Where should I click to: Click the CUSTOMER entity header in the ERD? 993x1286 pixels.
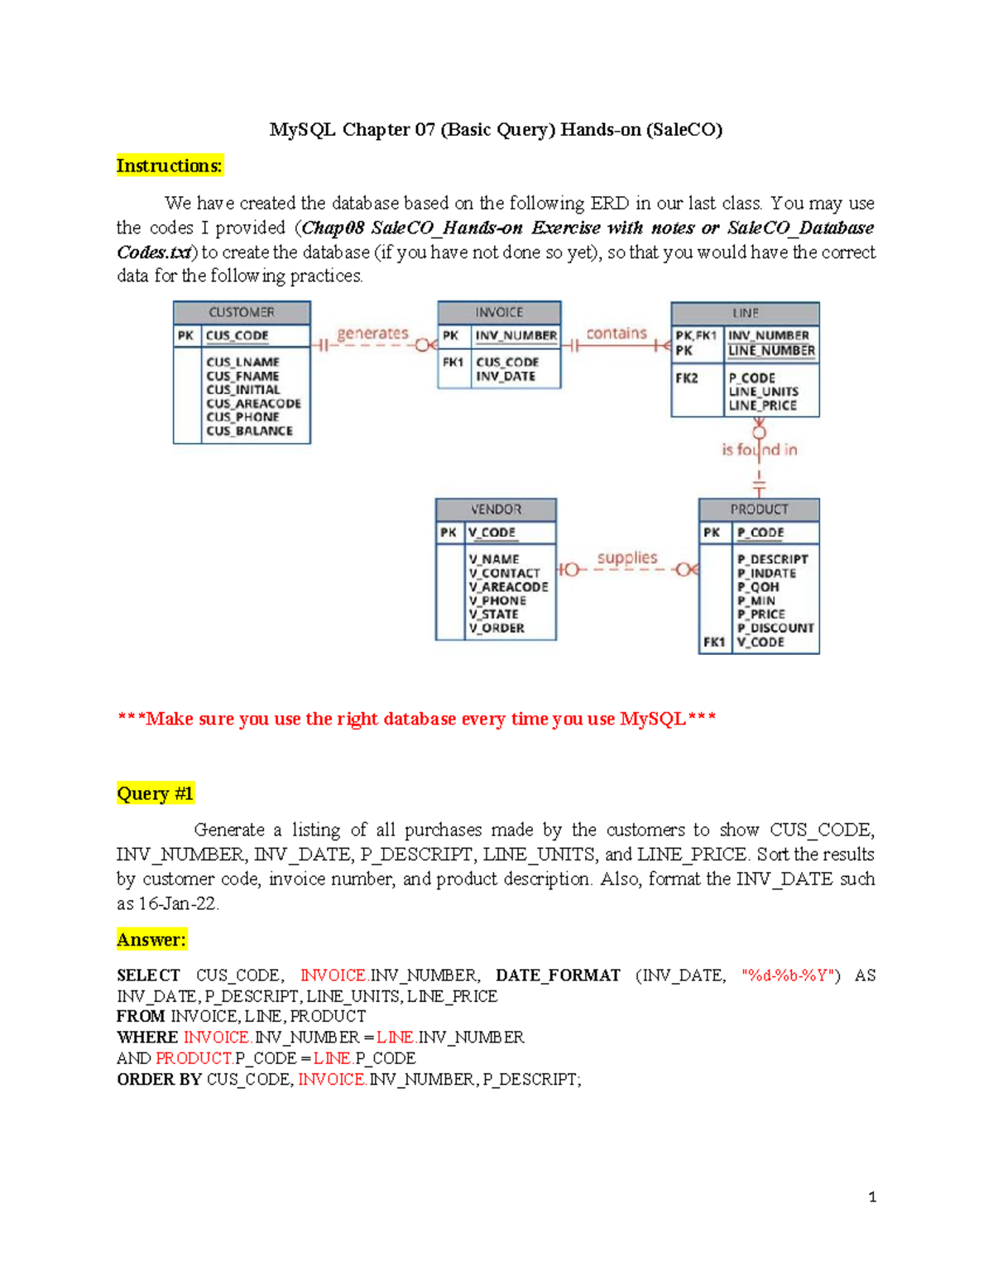tap(242, 312)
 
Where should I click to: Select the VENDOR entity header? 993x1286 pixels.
tap(496, 509)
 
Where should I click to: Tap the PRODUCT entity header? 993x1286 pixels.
tap(759, 509)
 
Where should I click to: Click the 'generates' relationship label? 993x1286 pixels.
tap(372, 333)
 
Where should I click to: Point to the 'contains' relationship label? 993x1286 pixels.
tap(616, 333)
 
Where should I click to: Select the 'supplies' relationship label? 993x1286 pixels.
tap(627, 558)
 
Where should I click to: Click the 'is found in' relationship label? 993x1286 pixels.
tap(759, 450)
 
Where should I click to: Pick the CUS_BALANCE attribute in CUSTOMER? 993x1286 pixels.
tap(249, 431)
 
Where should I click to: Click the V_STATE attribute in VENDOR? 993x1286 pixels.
tap(494, 614)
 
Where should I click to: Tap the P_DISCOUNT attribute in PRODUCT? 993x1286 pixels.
tap(775, 628)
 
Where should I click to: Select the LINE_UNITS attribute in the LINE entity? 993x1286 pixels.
tap(764, 392)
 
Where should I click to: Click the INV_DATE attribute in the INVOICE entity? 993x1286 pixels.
tap(506, 376)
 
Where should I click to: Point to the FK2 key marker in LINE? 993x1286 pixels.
tap(687, 378)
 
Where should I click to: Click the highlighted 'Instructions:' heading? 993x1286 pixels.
tap(170, 166)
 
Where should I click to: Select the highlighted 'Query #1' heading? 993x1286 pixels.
tap(156, 793)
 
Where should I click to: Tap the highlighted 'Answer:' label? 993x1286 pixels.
tap(151, 939)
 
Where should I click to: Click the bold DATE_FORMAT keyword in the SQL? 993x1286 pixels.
tap(558, 975)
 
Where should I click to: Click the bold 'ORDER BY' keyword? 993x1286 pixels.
tap(159, 1079)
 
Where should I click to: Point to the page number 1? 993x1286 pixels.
tap(872, 1197)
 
